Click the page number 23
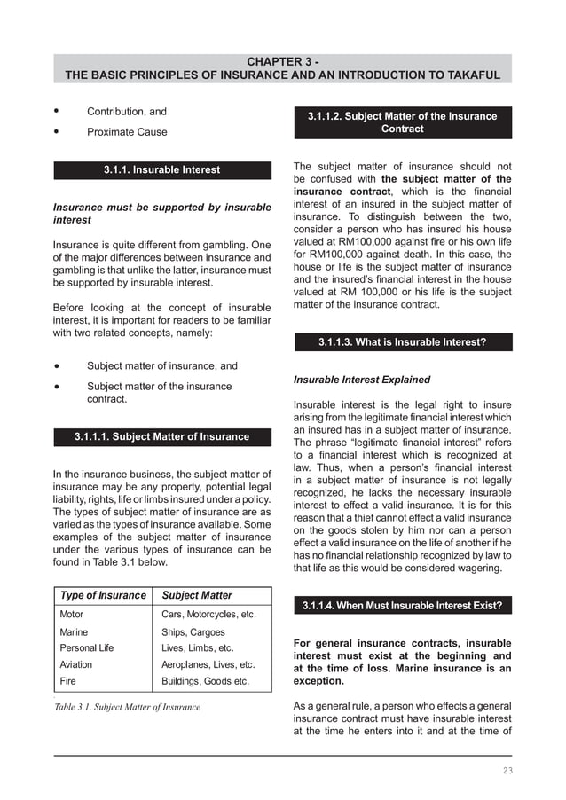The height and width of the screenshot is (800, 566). click(x=507, y=770)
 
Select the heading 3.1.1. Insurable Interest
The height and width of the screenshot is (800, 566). click(x=162, y=169)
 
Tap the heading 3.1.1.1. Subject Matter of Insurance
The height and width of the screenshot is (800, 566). click(x=162, y=436)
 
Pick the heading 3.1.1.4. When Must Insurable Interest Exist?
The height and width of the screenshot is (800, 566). click(x=402, y=606)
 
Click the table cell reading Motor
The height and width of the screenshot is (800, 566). click(x=72, y=614)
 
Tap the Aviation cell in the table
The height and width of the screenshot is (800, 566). click(x=75, y=664)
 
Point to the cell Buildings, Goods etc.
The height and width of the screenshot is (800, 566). click(x=205, y=681)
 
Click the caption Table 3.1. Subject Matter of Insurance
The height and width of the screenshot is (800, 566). click(x=127, y=707)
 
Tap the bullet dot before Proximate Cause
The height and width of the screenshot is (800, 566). click(x=57, y=132)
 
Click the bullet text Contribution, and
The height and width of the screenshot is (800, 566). click(x=126, y=112)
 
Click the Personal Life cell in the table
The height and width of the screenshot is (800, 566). click(x=86, y=648)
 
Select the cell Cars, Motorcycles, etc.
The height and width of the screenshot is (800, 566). click(x=208, y=614)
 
